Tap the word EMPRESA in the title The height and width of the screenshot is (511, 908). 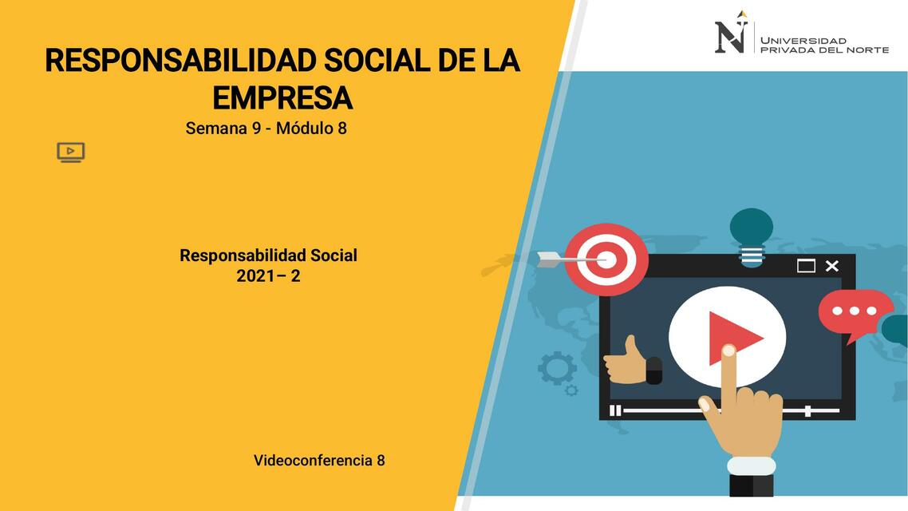tap(282, 98)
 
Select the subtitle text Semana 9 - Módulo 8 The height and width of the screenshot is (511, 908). tap(266, 128)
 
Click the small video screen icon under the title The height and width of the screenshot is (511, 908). tap(70, 152)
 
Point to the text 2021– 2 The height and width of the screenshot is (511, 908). tap(268, 276)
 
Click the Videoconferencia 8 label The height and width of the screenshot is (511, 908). tap(319, 460)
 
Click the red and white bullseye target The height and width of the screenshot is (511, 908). tap(606, 259)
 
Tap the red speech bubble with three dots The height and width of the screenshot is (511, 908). tap(855, 312)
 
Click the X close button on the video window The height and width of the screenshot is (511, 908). tap(831, 266)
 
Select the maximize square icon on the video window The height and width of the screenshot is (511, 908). tap(806, 266)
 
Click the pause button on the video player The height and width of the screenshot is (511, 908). tap(615, 410)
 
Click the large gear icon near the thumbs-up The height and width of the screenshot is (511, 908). tap(556, 368)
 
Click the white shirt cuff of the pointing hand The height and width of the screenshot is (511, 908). tap(751, 465)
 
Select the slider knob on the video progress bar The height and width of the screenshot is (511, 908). tap(807, 410)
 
